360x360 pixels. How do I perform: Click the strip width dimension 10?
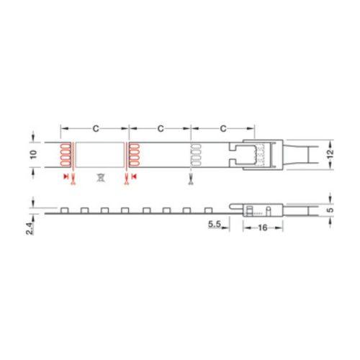click(34, 154)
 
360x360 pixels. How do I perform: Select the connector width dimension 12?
click(330, 153)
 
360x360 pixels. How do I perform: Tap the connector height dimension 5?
click(330, 210)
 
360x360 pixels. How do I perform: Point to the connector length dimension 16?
click(263, 228)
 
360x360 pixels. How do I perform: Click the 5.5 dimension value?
click(215, 224)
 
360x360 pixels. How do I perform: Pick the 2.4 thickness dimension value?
click(30, 228)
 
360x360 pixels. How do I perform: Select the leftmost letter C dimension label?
click(96, 129)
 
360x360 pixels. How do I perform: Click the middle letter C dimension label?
click(161, 129)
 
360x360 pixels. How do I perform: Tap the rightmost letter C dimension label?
click(223, 129)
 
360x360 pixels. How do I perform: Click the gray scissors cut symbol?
click(191, 179)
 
